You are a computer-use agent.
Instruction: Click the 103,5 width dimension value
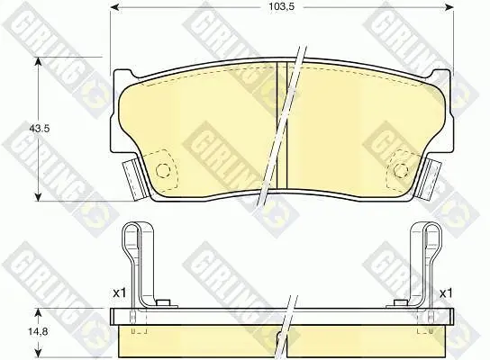(282, 7)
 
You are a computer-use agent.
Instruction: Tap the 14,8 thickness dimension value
(38, 331)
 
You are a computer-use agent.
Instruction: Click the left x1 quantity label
(119, 293)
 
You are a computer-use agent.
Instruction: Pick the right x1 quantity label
(446, 293)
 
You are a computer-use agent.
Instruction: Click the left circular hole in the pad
(163, 170)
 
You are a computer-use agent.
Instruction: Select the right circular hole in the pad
(401, 170)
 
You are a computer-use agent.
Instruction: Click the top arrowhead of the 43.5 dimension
(38, 62)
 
